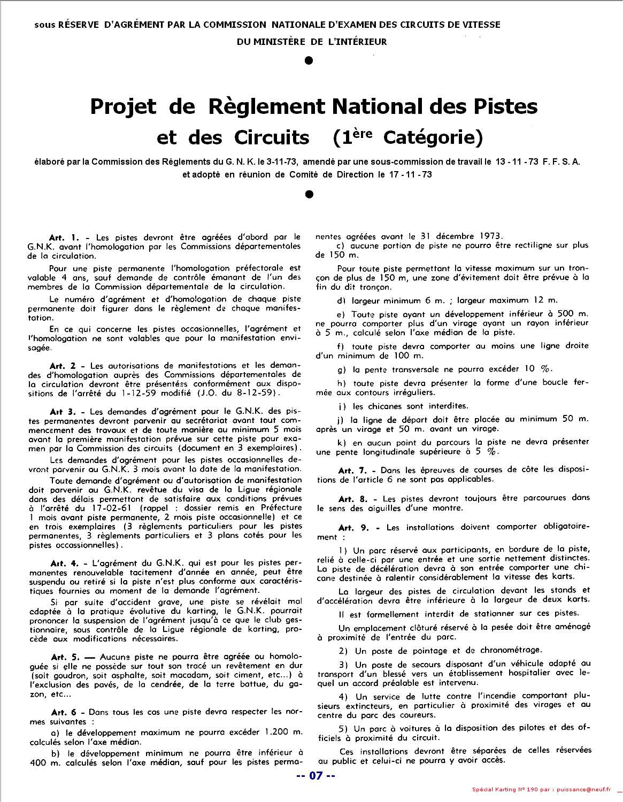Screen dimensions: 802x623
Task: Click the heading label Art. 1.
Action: tap(63, 237)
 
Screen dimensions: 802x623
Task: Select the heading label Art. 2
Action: tap(63, 366)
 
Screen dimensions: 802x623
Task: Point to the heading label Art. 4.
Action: tap(64, 563)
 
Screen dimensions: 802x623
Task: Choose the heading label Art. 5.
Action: tap(65, 656)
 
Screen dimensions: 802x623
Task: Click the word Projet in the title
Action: tap(123, 106)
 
